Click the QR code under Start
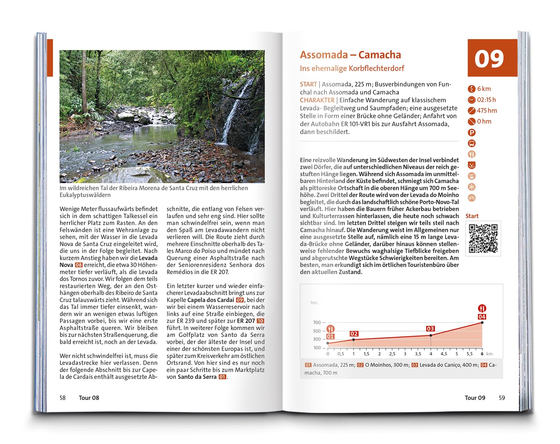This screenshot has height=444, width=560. [x=483, y=239]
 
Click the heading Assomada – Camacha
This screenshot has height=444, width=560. [x=350, y=55]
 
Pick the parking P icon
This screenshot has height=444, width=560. [x=472, y=132]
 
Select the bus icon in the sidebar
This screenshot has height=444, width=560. [x=472, y=143]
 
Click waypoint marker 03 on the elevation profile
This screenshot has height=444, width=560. [x=430, y=329]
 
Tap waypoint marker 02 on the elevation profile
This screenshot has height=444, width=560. [x=354, y=334]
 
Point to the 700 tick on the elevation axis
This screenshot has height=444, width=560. [x=317, y=322]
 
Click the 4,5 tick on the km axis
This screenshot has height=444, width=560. [x=444, y=354]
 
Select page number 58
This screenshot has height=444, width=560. [x=63, y=398]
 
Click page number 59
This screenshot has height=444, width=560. [x=502, y=398]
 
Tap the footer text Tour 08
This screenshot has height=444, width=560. [x=89, y=398]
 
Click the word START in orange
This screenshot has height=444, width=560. [x=308, y=84]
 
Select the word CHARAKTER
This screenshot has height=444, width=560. [x=317, y=100]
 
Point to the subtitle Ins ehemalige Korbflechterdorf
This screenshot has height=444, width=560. [x=352, y=69]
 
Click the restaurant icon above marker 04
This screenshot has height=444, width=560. [x=482, y=308]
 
